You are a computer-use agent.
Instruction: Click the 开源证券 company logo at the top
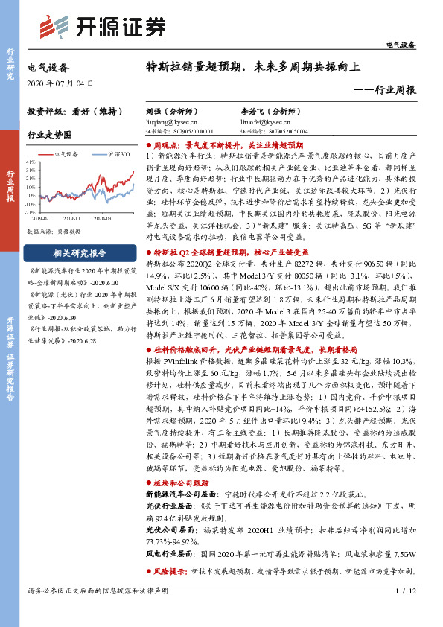click(101, 27)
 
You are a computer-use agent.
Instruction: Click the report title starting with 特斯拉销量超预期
click(253, 66)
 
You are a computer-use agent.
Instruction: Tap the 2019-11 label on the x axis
click(71, 217)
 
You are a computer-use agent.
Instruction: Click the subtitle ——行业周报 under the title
click(384, 89)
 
